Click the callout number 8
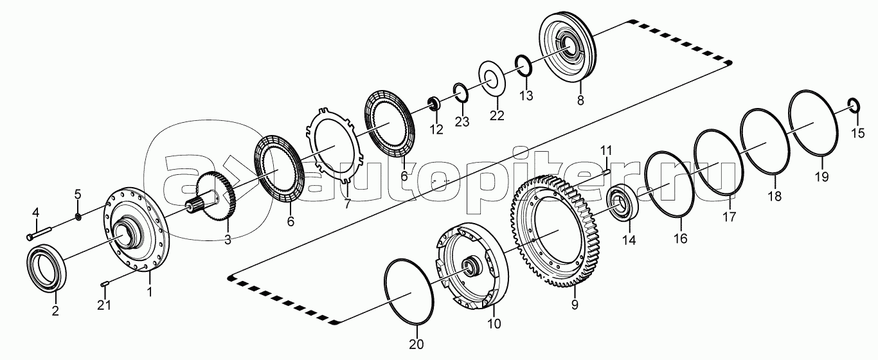[580, 100]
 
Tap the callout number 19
[822, 177]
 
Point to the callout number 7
[346, 205]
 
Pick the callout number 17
[729, 217]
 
